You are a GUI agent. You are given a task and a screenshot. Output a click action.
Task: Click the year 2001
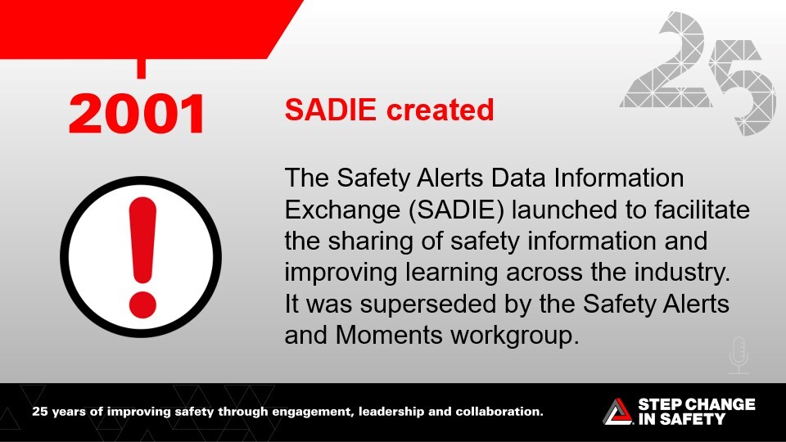coord(137,114)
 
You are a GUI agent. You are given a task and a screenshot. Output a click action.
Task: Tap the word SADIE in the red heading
coord(330,110)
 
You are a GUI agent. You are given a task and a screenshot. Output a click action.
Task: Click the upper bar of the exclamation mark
coord(142,240)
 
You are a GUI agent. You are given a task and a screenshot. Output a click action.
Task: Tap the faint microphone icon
coord(739,355)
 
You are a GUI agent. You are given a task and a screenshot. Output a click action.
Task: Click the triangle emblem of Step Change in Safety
coord(618,412)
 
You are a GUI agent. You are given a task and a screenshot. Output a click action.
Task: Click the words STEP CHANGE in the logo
coord(696,404)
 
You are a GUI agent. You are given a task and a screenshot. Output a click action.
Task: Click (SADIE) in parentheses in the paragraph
coord(456,210)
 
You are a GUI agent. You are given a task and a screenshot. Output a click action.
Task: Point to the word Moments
coord(388,335)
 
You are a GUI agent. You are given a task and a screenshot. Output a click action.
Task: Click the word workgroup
coord(514,336)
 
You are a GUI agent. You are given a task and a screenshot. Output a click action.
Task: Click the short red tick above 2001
coord(142,68)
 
